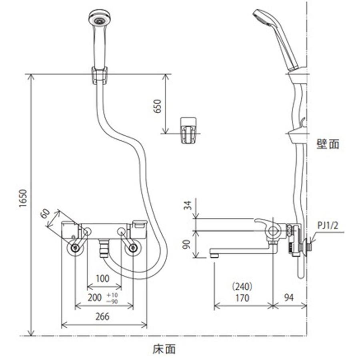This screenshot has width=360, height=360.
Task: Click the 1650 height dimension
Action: (23, 198)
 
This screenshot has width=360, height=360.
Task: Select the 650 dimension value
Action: (158, 106)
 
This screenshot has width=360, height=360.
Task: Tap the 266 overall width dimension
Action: (102, 317)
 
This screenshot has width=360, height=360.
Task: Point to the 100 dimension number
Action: (102, 278)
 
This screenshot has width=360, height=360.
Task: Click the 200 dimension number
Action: (95, 298)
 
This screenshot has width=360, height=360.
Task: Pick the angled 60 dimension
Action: (45, 214)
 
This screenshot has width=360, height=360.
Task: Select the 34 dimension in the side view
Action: (188, 205)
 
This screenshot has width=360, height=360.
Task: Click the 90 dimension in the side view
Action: (187, 244)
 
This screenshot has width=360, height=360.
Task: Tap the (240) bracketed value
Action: (242, 286)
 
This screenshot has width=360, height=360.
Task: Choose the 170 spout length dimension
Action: (242, 298)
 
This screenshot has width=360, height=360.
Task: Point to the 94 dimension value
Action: (289, 298)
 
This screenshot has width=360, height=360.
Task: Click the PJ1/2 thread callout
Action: (328, 226)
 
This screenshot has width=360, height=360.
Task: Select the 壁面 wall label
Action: (328, 144)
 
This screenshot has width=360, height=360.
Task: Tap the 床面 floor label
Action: (164, 349)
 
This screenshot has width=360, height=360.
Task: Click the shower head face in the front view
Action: (100, 18)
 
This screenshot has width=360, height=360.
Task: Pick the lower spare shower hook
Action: (188, 131)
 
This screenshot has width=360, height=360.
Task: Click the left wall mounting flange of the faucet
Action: (75, 248)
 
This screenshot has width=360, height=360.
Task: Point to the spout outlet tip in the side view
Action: (214, 254)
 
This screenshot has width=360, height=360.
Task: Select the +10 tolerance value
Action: (112, 295)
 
